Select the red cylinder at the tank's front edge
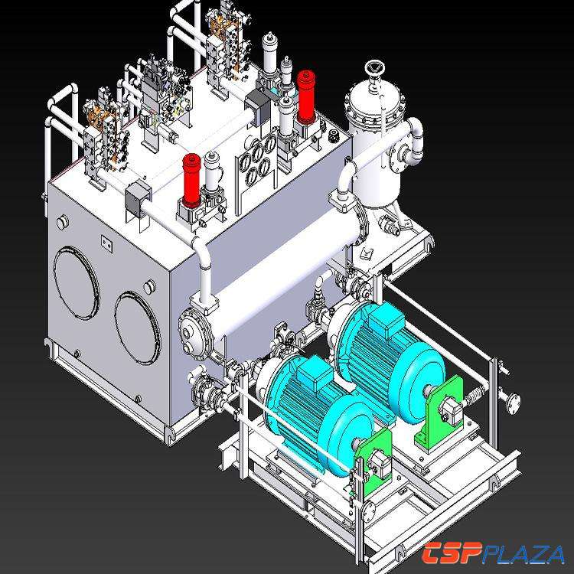click(192, 180)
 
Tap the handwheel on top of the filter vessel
click(373, 68)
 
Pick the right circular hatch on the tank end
click(138, 328)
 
